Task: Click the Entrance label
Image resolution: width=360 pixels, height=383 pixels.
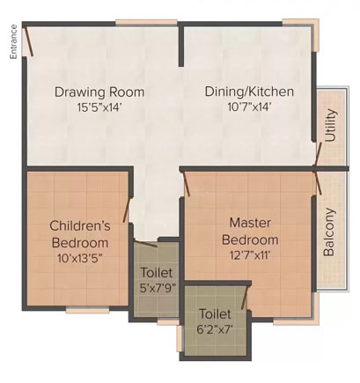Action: coord(13,41)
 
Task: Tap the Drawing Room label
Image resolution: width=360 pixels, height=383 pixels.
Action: coord(99,92)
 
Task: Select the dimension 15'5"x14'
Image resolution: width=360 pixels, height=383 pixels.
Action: coord(99,107)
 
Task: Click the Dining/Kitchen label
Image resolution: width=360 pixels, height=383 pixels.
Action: coord(249,92)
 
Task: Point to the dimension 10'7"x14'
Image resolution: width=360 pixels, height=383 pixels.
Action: coord(249,107)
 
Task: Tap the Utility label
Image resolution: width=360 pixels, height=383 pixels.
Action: coord(330,125)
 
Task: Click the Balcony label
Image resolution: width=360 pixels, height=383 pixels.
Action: coord(329,232)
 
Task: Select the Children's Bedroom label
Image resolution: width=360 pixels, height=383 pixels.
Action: coord(80,234)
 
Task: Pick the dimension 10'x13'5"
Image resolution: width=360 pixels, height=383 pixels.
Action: coord(80,259)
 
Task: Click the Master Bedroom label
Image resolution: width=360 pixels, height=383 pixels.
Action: coord(250,232)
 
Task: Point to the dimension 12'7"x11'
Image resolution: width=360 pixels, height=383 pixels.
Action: coord(250,255)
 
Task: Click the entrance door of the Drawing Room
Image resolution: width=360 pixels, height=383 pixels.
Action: coord(28,41)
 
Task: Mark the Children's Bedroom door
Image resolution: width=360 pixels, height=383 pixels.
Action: coord(127,210)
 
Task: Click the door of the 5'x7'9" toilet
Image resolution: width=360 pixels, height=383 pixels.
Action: coord(146,244)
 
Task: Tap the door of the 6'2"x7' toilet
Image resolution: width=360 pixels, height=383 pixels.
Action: coord(245,298)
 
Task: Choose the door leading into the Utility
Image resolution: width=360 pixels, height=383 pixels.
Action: coord(318,154)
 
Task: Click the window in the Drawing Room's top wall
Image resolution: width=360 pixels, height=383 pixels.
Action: coord(146,22)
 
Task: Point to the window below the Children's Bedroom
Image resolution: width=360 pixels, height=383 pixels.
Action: coord(87,310)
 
